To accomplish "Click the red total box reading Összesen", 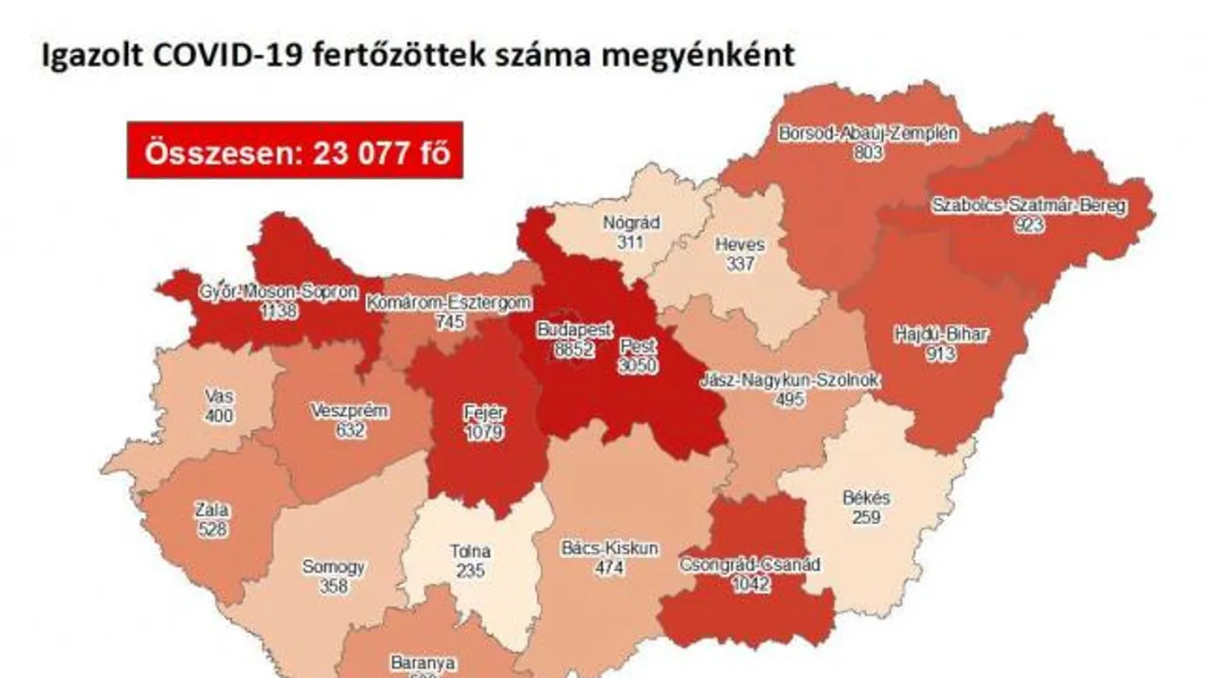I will click(294, 150).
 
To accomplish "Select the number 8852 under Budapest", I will click(574, 349).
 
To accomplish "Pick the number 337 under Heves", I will click(741, 263).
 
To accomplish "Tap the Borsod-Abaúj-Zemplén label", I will click(868, 134).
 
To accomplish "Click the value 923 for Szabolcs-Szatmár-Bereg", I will click(1029, 225).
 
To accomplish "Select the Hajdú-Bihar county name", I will click(941, 335).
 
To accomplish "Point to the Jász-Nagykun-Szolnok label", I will click(790, 381).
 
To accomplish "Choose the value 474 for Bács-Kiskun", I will click(611, 566).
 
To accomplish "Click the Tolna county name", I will click(470, 552).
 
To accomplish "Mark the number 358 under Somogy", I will click(334, 587).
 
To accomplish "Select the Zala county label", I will click(212, 511).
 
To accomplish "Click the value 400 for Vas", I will click(217, 416).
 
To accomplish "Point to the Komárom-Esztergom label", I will click(449, 302).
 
